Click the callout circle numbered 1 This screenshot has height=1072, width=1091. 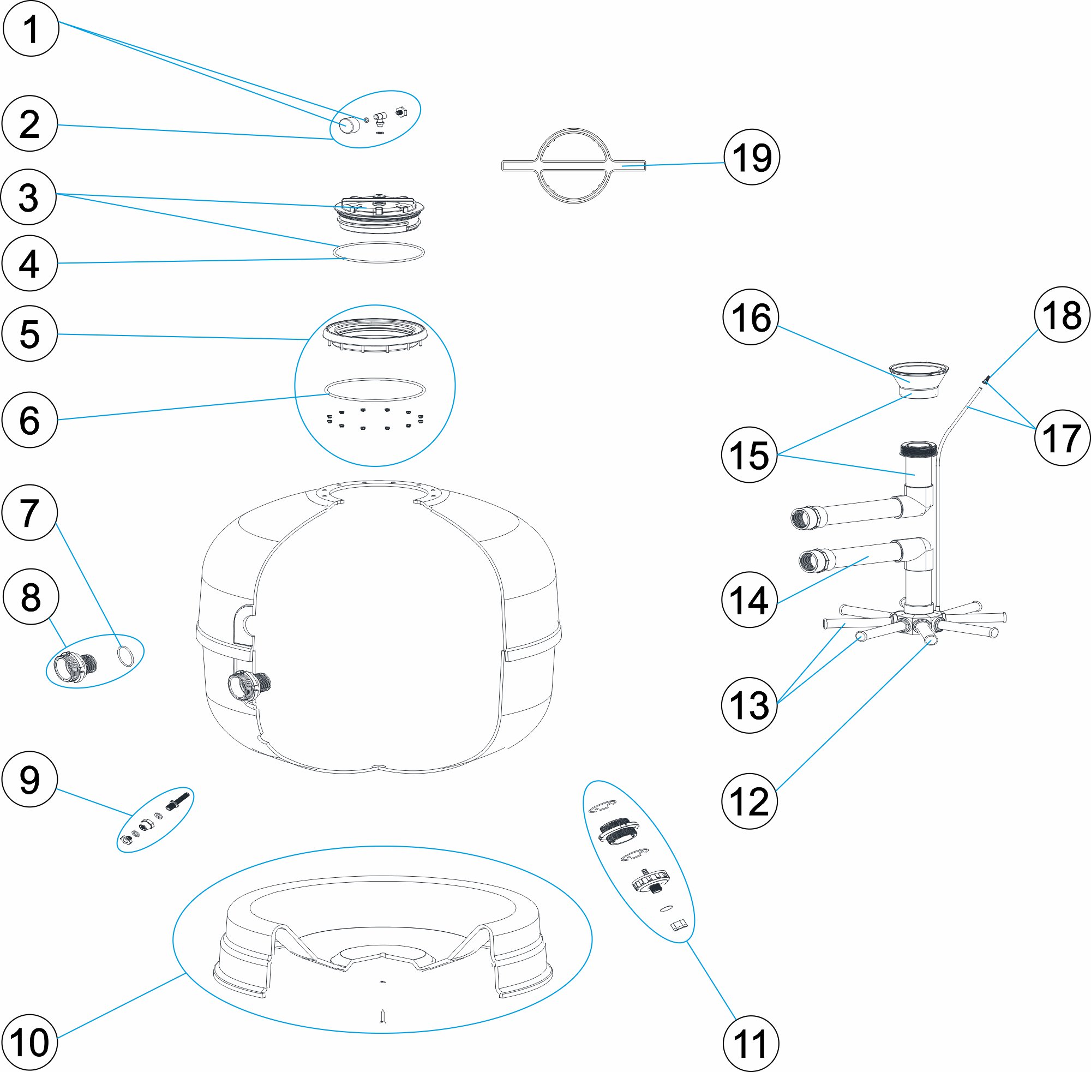pyautogui.click(x=31, y=29)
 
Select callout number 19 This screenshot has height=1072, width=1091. pyautogui.click(x=752, y=157)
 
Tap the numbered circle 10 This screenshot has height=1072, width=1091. pyautogui.click(x=30, y=1042)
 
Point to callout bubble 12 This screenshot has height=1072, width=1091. pyautogui.click(x=750, y=801)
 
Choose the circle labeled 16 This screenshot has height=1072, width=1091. pyautogui.click(x=751, y=318)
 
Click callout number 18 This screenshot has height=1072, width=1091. pyautogui.click(x=1062, y=315)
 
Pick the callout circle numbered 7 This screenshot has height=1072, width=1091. pyautogui.click(x=30, y=513)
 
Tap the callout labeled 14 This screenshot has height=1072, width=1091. pyautogui.click(x=750, y=600)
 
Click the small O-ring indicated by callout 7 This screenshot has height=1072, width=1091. pyautogui.click(x=126, y=656)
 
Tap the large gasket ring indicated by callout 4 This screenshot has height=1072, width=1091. pyautogui.click(x=378, y=252)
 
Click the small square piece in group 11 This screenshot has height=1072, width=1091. pyautogui.click(x=679, y=926)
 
